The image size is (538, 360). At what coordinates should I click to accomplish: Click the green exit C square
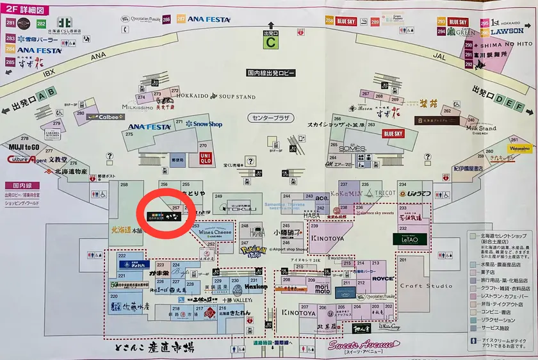point(271,43)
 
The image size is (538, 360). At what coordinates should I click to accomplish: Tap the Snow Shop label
point(204,124)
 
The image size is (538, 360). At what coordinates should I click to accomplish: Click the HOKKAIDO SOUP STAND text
point(214,97)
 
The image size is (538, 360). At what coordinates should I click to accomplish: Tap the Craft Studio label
point(425,286)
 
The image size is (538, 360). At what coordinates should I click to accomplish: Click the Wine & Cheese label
point(215,233)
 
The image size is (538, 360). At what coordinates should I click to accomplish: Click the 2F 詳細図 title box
point(23,10)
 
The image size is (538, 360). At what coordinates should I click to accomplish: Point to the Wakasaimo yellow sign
point(520,149)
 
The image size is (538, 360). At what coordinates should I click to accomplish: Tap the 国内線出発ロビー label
point(271,73)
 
